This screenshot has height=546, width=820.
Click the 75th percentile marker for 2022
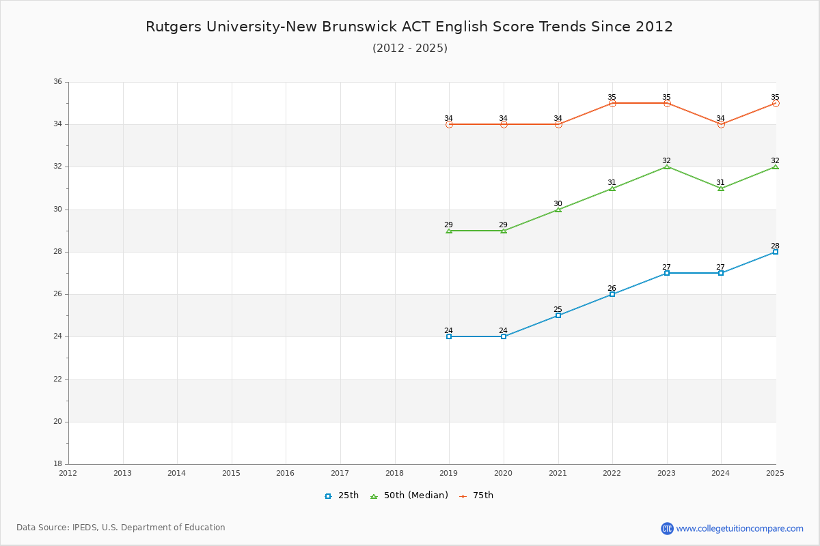(x=612, y=103)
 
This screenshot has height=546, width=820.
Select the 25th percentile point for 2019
(x=449, y=336)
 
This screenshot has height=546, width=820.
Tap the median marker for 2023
(x=667, y=167)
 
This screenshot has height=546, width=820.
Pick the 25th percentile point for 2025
(x=776, y=252)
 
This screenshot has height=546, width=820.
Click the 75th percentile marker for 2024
(x=721, y=124)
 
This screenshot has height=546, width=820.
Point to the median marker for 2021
(x=558, y=210)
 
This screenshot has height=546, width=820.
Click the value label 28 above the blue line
(x=775, y=246)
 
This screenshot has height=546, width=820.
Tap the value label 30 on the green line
(x=558, y=203)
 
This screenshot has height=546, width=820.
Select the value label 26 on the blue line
(x=612, y=288)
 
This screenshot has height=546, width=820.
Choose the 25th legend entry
(x=342, y=495)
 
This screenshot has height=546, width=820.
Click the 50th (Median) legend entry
(x=409, y=495)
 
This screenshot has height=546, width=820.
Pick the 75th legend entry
(x=477, y=495)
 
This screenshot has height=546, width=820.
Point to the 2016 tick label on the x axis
(x=286, y=473)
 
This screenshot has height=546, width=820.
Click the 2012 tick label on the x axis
(x=68, y=473)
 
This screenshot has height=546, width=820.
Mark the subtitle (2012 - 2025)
(x=410, y=48)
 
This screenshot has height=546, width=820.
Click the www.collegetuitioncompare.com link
(x=739, y=528)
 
